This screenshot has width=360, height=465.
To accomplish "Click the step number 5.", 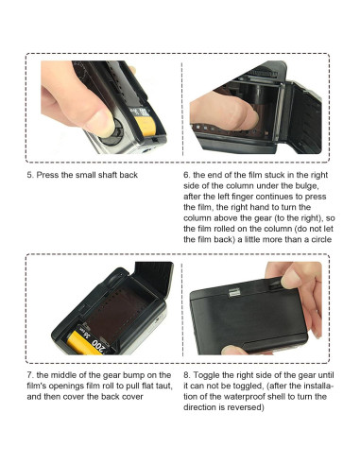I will click(x=29, y=175).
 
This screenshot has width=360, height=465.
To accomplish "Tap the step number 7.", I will click(x=29, y=373).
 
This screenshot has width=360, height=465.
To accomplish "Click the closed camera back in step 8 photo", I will click(x=250, y=326).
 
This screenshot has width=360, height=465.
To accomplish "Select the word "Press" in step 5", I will click(x=49, y=175).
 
